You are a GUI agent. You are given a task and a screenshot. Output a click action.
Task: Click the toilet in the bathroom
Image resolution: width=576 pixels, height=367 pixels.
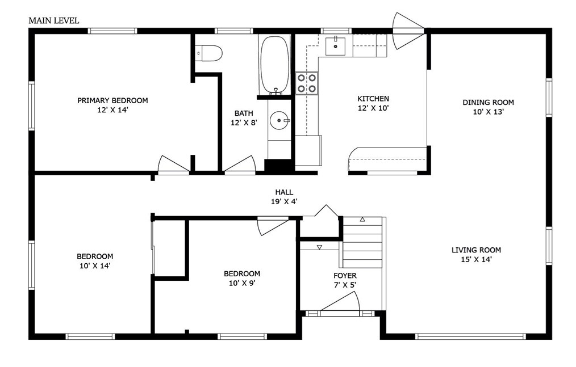pyautogui.click(x=208, y=53)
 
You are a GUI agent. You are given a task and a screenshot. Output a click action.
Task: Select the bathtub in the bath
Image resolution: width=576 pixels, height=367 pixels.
pyautogui.click(x=274, y=65)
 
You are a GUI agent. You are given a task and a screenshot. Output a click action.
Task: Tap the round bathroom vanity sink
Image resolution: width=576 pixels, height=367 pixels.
pyautogui.click(x=279, y=120)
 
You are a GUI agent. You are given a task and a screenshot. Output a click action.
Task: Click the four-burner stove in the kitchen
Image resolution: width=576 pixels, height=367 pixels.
pyautogui.click(x=307, y=83)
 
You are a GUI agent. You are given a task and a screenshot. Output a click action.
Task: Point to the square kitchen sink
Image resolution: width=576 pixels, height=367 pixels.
pyautogui.click(x=335, y=46)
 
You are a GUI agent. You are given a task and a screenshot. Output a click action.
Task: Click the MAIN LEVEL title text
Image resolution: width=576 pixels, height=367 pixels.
pyautogui.click(x=53, y=20)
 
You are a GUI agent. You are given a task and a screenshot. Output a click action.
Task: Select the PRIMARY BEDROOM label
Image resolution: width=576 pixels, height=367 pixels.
pyautogui.click(x=112, y=100)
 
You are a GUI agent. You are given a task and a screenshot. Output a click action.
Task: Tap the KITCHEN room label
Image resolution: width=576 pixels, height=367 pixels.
pyautogui.click(x=373, y=99)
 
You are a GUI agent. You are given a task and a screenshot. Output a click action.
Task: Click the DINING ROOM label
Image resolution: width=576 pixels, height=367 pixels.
pyautogui.click(x=488, y=103)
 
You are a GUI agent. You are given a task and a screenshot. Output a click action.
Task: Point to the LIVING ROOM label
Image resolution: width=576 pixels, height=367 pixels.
pyautogui.click(x=476, y=250)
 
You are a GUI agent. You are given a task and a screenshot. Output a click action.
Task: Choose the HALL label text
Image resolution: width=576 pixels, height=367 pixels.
pyautogui.click(x=285, y=192)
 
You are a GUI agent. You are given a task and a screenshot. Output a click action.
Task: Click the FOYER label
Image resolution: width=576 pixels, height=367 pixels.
pyautogui.click(x=345, y=275)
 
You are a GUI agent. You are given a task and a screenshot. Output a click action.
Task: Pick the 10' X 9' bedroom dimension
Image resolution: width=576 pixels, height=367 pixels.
pyautogui.click(x=242, y=283)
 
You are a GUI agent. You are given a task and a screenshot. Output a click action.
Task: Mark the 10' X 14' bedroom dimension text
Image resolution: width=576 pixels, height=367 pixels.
pyautogui.click(x=95, y=266)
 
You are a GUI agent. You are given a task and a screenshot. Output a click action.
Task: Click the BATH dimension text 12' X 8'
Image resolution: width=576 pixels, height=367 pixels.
pyautogui.click(x=244, y=123)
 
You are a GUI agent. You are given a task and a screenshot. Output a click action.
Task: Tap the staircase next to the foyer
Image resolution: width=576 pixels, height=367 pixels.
pyautogui.click(x=362, y=242)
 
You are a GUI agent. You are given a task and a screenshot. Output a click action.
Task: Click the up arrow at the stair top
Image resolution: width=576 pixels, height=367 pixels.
pyautogui.click(x=362, y=220)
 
